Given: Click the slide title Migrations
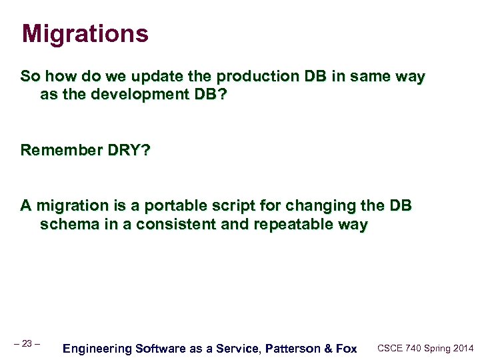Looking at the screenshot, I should tap(85, 33).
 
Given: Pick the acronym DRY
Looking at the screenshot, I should tap(126, 150).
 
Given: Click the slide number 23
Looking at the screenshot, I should tap(27, 343).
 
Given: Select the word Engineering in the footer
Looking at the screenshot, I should tap(96, 348).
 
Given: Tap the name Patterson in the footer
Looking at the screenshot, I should tap(292, 348).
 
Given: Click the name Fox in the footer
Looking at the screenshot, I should tap(345, 348).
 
